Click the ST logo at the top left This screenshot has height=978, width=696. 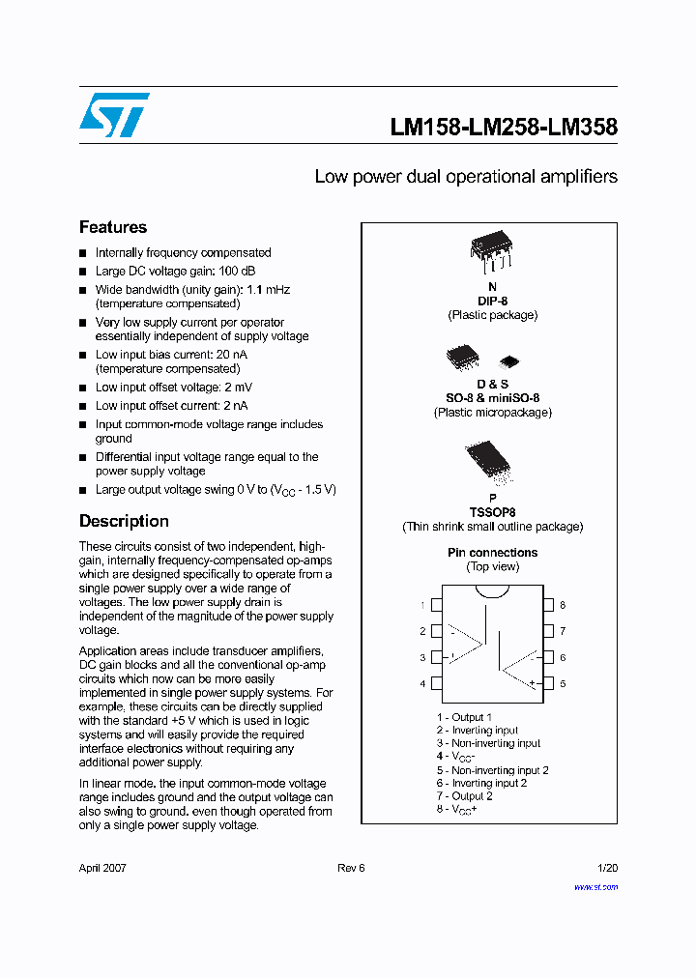[x=114, y=115]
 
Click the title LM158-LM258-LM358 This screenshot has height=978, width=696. [x=504, y=128]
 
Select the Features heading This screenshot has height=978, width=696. [x=113, y=227]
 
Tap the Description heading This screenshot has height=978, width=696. [x=124, y=521]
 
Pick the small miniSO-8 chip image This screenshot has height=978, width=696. [x=508, y=361]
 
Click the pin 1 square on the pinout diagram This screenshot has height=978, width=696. [x=436, y=605]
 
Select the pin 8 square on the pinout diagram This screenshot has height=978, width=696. [x=547, y=605]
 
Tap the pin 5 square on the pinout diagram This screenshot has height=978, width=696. [x=547, y=683]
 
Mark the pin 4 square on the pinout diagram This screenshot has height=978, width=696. [x=436, y=683]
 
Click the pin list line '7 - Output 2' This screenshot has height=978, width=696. [x=464, y=795]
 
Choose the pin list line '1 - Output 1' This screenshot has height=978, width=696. [x=464, y=717]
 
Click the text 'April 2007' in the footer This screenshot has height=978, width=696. [x=102, y=868]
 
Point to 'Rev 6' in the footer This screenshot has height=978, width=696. [x=351, y=868]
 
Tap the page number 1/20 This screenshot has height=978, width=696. [x=607, y=868]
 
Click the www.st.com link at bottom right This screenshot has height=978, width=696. [x=595, y=886]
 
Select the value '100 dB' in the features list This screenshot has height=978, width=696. [x=236, y=271]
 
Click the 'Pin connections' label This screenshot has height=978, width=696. [x=492, y=553]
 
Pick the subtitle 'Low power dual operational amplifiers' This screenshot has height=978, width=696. [x=466, y=177]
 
